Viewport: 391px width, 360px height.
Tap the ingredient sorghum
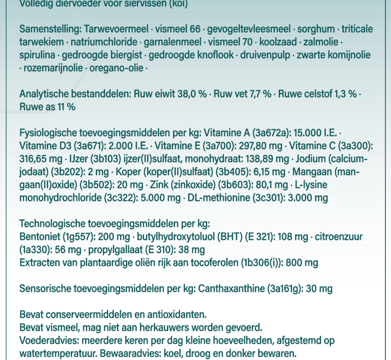pyautogui.click(x=315, y=30)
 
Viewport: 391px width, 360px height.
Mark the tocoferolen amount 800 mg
pyautogui.click(x=303, y=263)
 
